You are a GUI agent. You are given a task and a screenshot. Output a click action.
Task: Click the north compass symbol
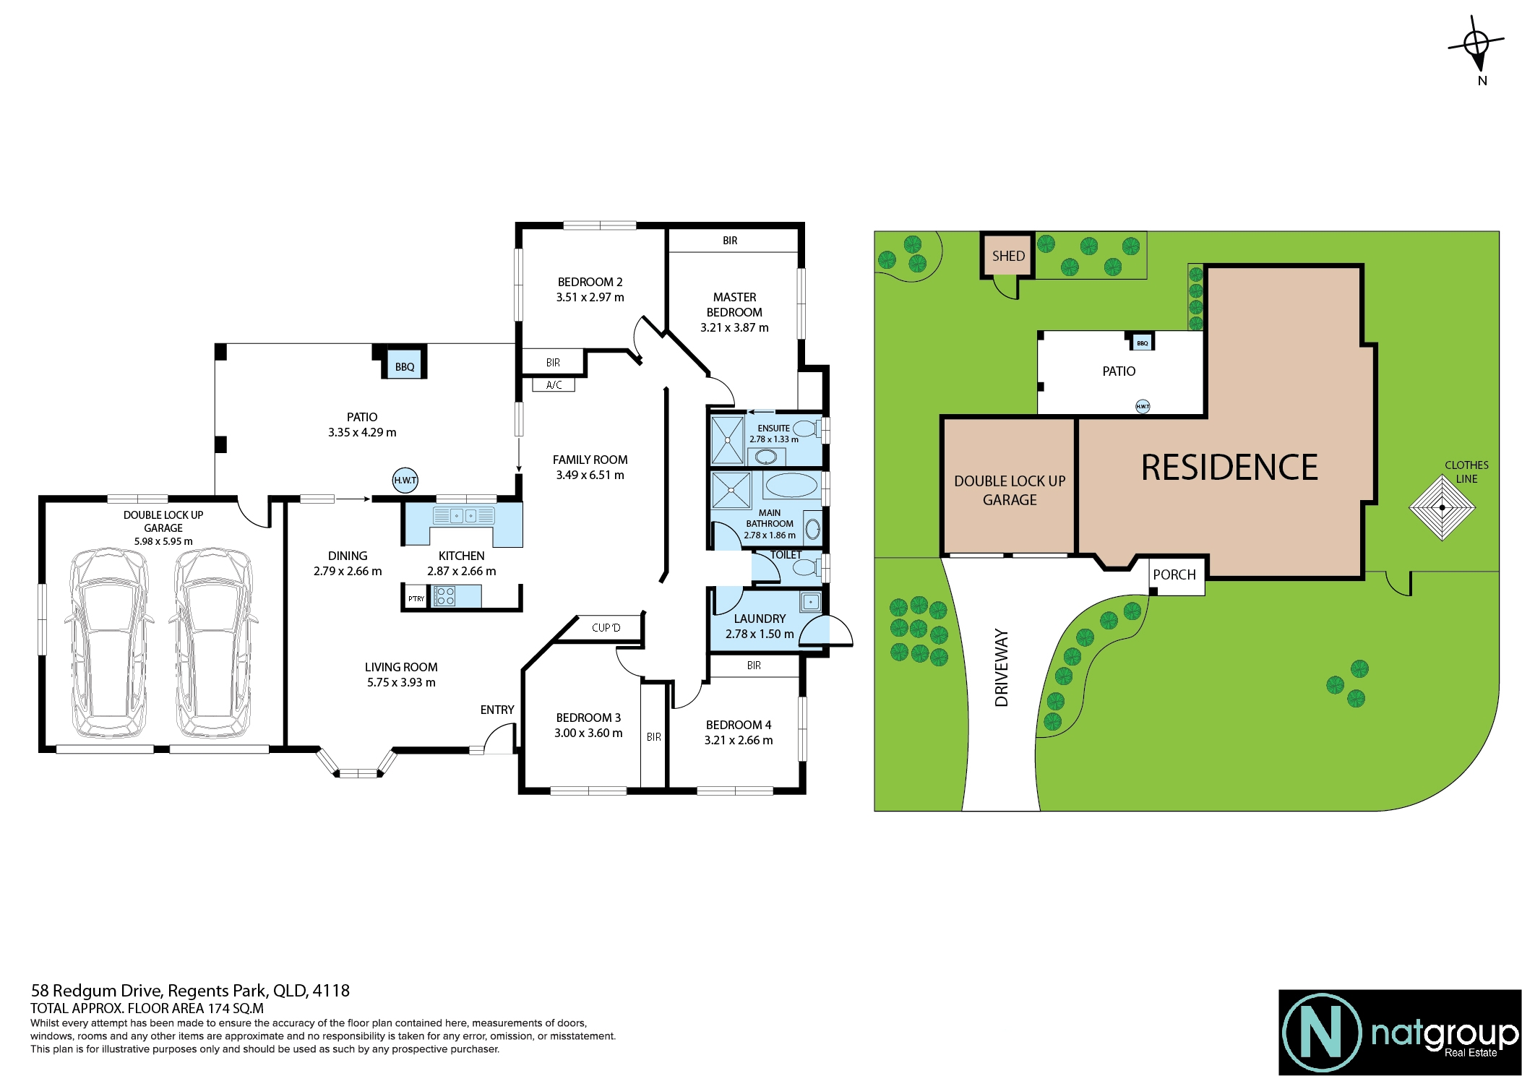coord(1477,44)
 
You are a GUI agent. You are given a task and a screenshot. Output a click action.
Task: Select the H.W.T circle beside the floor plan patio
coord(405,480)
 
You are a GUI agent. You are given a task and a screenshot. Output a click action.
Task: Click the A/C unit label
coord(554,385)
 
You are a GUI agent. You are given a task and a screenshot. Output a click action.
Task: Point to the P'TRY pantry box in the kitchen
coord(416,598)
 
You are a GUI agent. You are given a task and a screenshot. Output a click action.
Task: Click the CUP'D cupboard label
coord(606,627)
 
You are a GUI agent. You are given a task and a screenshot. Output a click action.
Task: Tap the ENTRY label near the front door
coord(497,710)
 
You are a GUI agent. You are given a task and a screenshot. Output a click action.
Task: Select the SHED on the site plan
coord(1008,255)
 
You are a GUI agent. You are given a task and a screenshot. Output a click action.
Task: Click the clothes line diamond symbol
coord(1443,507)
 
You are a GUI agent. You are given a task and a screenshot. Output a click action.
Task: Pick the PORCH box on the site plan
coord(1177,576)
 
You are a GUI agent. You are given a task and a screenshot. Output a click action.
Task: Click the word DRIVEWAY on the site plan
coord(1001,668)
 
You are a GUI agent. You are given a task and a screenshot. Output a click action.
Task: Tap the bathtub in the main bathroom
coord(791,486)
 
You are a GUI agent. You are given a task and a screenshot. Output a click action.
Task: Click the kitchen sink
coord(463,515)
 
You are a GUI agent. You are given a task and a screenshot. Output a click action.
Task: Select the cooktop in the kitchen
coord(444,596)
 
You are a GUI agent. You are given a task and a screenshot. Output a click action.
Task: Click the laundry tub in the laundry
coord(810,601)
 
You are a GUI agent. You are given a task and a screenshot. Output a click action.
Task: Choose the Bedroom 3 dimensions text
coord(588,733)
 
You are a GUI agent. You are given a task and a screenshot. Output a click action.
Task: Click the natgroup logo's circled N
coord(1322,1032)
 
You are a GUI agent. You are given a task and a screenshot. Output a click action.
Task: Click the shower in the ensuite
coord(728,439)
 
